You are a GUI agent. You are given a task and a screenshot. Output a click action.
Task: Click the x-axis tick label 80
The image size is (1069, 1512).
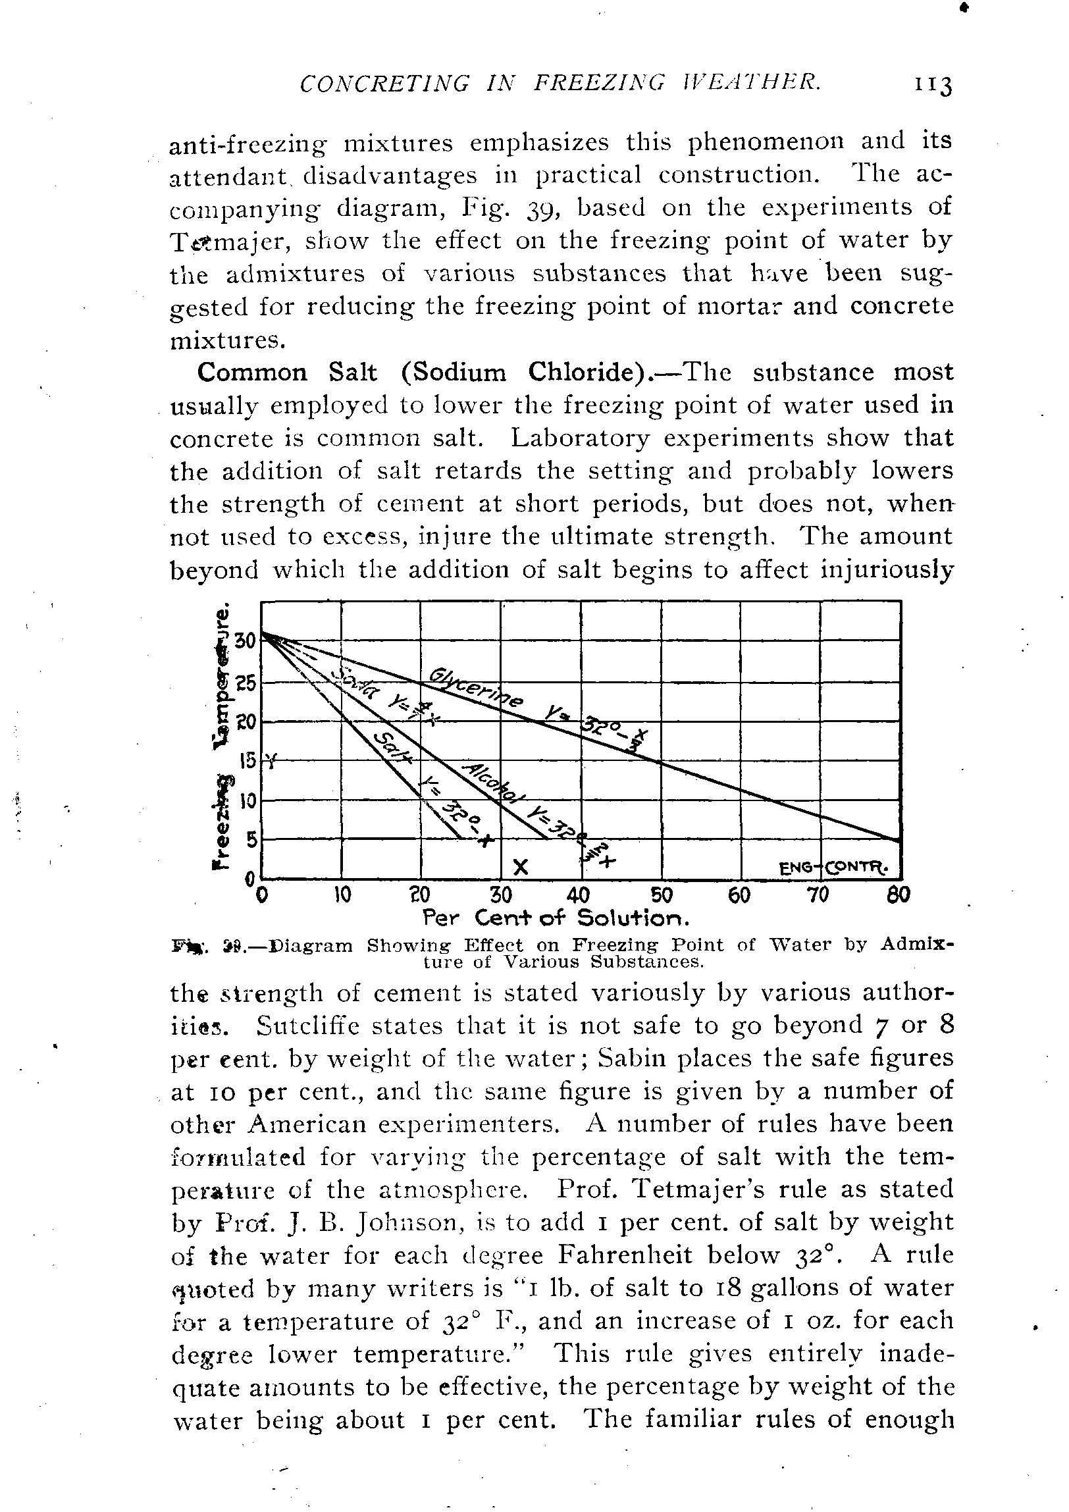pos(899,895)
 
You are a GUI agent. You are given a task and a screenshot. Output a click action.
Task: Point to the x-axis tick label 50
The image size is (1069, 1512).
pos(661,895)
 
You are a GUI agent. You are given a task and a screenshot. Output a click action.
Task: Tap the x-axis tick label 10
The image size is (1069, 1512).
pos(342,895)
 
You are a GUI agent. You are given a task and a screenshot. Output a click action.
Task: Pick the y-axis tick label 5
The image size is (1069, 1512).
pos(249,841)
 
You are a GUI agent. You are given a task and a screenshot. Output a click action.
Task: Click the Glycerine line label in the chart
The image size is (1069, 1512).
pos(475,688)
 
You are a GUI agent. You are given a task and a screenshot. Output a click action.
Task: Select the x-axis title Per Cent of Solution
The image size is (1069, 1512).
pos(556,918)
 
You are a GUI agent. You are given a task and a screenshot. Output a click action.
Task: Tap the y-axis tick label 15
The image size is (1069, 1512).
pos(247,762)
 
